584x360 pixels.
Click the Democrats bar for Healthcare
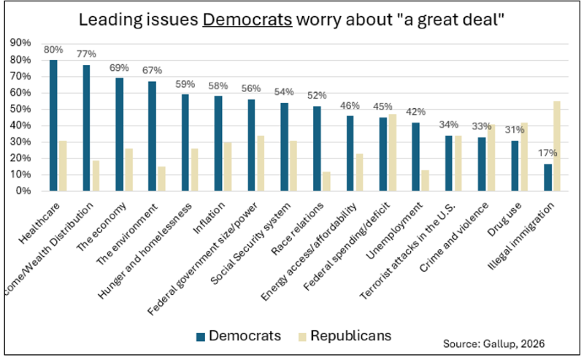53,126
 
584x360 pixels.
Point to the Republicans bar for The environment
161,179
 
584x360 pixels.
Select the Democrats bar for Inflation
218,144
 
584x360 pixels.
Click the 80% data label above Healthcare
53,50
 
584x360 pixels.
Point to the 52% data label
317,96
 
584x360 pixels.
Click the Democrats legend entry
240,336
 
